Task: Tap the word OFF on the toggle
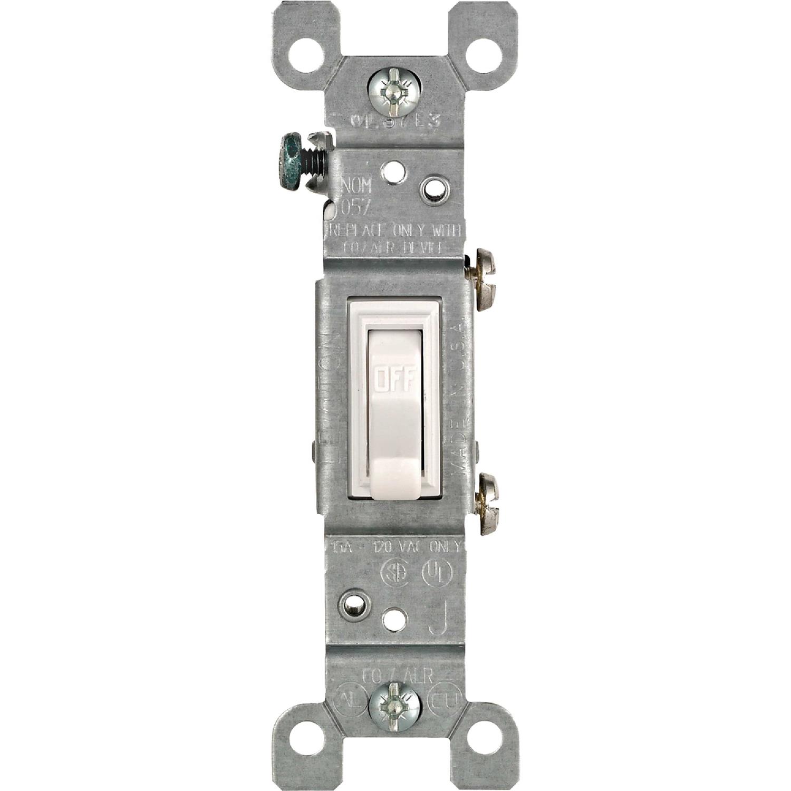point(395,378)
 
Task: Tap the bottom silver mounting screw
point(395,706)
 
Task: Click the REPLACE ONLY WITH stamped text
point(395,230)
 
